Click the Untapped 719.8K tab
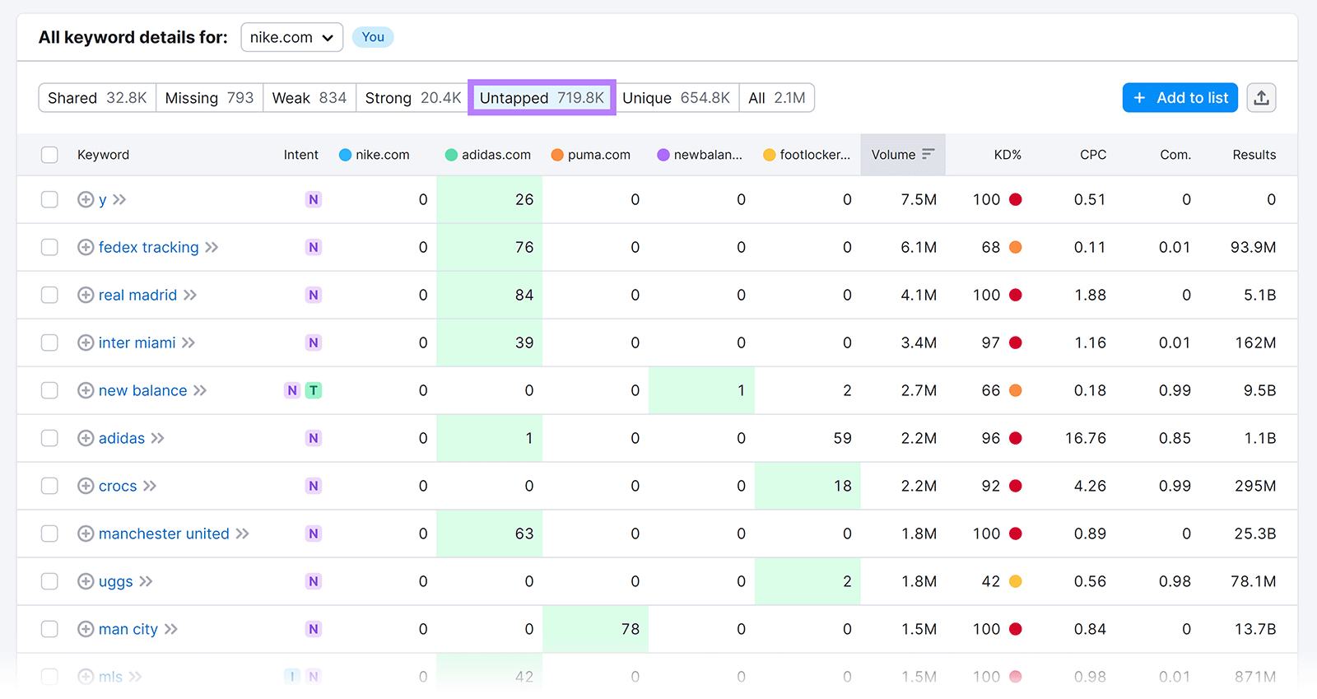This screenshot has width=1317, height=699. [542, 98]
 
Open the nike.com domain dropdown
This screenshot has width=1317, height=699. [291, 37]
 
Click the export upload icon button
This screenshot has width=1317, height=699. [1261, 98]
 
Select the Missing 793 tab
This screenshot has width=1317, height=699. [209, 98]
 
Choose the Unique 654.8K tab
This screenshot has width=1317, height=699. [676, 98]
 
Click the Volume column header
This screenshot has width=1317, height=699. [902, 155]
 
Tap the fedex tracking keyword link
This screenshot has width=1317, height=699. [148, 247]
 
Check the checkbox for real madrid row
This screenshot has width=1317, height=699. [49, 295]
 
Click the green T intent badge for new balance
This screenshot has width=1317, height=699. [314, 390]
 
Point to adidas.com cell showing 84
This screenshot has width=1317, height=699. [524, 295]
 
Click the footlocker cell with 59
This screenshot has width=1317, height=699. [841, 438]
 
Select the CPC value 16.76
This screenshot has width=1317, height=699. [1085, 438]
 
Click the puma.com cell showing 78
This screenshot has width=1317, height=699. [630, 629]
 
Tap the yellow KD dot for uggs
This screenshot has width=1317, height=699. [1016, 581]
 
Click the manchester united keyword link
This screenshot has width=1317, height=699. [164, 534]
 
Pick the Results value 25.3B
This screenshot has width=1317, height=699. [1254, 534]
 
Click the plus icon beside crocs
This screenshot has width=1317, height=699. [86, 486]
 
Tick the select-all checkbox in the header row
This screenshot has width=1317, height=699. [49, 155]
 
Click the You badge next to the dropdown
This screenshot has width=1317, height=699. [373, 37]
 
